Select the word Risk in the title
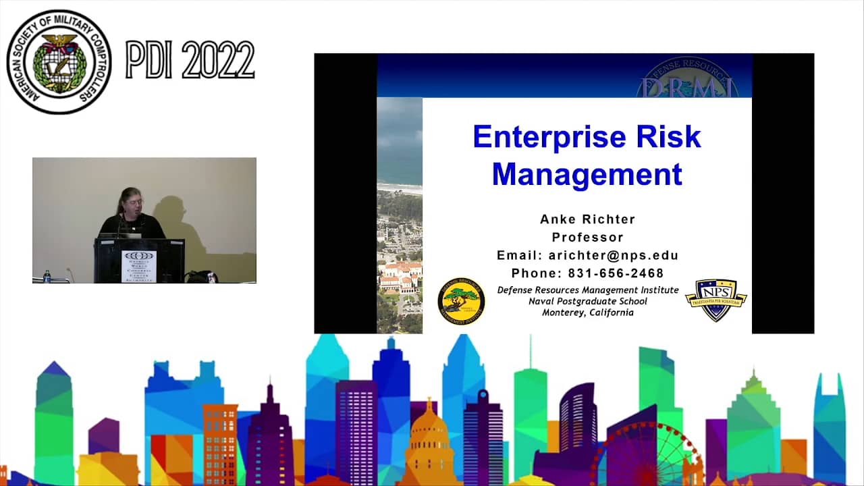(x=668, y=137)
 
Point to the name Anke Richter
(x=587, y=219)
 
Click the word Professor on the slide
(x=587, y=238)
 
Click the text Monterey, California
(x=587, y=313)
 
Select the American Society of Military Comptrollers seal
(x=59, y=61)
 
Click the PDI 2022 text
(x=190, y=60)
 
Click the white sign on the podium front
(x=138, y=266)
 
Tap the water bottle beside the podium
(x=47, y=276)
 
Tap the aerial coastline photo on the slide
(x=399, y=216)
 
